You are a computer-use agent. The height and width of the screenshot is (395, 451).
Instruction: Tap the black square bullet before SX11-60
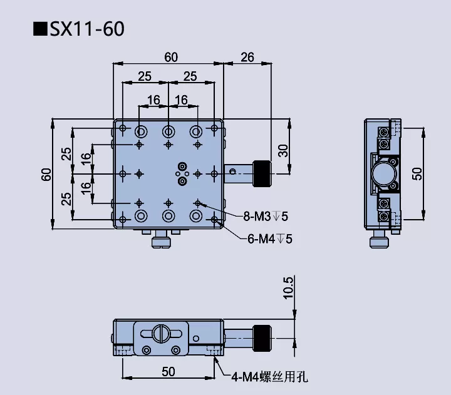(x=41, y=29)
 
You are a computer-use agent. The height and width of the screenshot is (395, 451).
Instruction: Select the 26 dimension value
(x=247, y=57)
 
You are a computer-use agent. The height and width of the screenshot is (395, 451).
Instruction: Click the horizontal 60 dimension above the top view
(x=170, y=57)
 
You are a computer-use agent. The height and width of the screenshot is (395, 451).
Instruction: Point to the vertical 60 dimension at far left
(x=46, y=173)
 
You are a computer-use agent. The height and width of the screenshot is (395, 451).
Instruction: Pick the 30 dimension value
(x=283, y=150)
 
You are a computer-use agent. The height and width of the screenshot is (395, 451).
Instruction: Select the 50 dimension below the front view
(x=168, y=371)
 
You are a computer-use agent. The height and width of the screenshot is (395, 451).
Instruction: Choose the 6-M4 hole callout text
(x=267, y=239)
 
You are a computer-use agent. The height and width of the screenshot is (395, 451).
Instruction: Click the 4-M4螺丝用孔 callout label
(x=269, y=377)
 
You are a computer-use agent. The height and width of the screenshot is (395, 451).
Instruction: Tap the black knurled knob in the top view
(x=262, y=173)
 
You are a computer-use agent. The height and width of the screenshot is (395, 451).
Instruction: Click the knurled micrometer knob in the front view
(x=262, y=337)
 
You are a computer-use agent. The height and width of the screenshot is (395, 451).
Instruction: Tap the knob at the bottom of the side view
(x=380, y=241)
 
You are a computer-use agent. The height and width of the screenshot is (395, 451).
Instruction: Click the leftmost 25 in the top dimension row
(x=145, y=76)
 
